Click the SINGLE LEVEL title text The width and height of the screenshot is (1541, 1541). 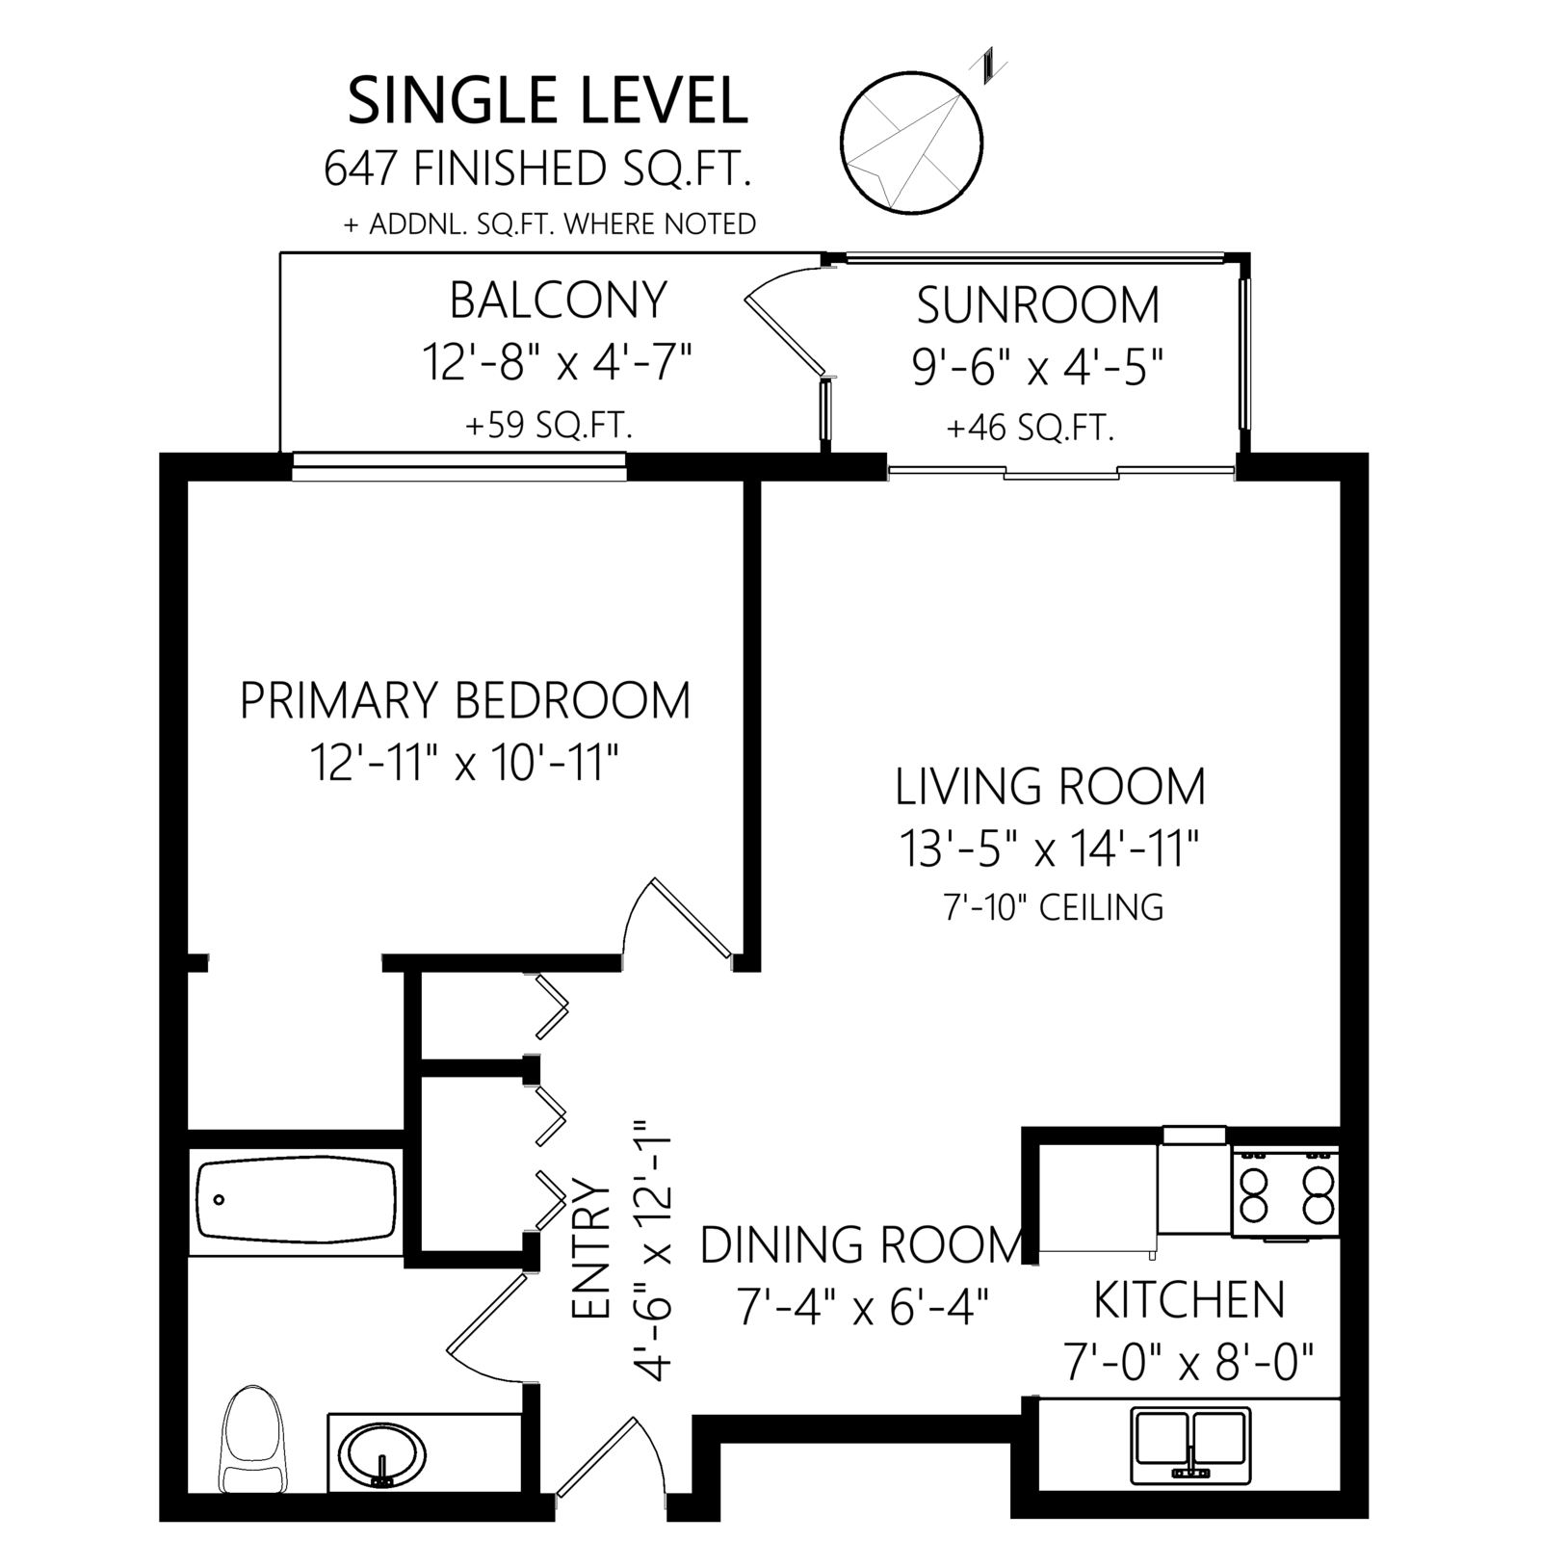click(547, 101)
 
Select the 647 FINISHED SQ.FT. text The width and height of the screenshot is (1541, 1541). click(537, 169)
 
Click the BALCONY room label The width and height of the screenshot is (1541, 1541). click(559, 300)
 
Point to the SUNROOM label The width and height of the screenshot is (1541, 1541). click(1038, 305)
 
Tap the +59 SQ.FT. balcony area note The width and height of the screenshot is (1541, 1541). click(549, 425)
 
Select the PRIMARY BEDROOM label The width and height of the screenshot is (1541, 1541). click(465, 700)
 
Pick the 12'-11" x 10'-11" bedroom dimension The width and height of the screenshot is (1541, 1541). click(463, 764)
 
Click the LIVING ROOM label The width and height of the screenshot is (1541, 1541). click(1051, 786)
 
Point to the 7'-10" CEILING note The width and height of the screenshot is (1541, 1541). click(1054, 906)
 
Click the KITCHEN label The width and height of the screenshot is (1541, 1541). click(1189, 1299)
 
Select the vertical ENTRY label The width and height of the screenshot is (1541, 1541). click(591, 1249)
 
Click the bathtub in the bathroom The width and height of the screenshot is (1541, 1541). click(296, 1200)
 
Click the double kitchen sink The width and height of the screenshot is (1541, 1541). click(1191, 1444)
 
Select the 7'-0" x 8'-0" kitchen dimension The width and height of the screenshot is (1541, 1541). click(1189, 1362)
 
